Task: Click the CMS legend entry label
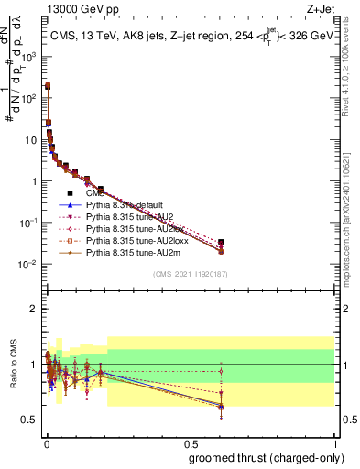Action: pyautogui.click(x=93, y=193)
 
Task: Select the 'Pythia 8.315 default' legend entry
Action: pyautogui.click(x=124, y=207)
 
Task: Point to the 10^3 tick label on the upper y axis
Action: pyautogui.click(x=29, y=56)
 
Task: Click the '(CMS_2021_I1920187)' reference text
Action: pyautogui.click(x=190, y=274)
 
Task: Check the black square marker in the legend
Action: pyautogui.click(x=70, y=193)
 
